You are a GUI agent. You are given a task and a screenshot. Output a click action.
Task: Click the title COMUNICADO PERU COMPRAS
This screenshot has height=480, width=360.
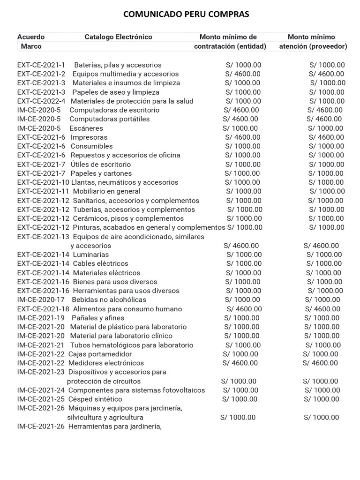pyautogui.click(x=186, y=15)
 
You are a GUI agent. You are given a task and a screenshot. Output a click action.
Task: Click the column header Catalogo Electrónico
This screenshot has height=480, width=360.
pyautogui.click(x=118, y=37)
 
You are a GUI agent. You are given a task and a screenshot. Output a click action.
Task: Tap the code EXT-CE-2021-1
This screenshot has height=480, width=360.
pyautogui.click(x=41, y=65)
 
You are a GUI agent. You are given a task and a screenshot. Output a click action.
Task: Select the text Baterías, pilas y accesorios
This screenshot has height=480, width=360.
pyautogui.click(x=118, y=65)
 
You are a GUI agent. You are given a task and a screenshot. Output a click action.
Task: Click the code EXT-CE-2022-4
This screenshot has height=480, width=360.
pyautogui.click(x=41, y=101)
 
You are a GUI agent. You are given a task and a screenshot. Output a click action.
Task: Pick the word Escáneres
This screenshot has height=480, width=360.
pyautogui.click(x=86, y=128)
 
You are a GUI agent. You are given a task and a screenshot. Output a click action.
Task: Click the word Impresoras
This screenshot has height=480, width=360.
pyautogui.click(x=89, y=137)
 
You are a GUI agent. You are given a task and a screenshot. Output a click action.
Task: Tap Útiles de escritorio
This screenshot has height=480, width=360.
pyautogui.click(x=101, y=165)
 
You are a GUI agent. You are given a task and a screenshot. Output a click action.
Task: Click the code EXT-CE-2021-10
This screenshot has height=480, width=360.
pyautogui.click(x=43, y=182)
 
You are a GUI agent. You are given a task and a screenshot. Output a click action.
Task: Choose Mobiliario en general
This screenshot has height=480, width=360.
pyautogui.click(x=106, y=191)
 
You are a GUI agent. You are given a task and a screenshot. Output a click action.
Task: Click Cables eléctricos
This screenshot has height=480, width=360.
pyautogui.click(x=100, y=263)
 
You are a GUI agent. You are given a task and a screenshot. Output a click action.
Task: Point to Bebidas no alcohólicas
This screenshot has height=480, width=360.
pyautogui.click(x=109, y=300)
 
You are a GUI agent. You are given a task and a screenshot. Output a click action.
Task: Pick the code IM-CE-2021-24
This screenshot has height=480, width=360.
pyautogui.click(x=41, y=390)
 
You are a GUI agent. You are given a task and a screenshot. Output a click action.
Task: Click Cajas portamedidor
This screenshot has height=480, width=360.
pyautogui.click(x=100, y=354)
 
